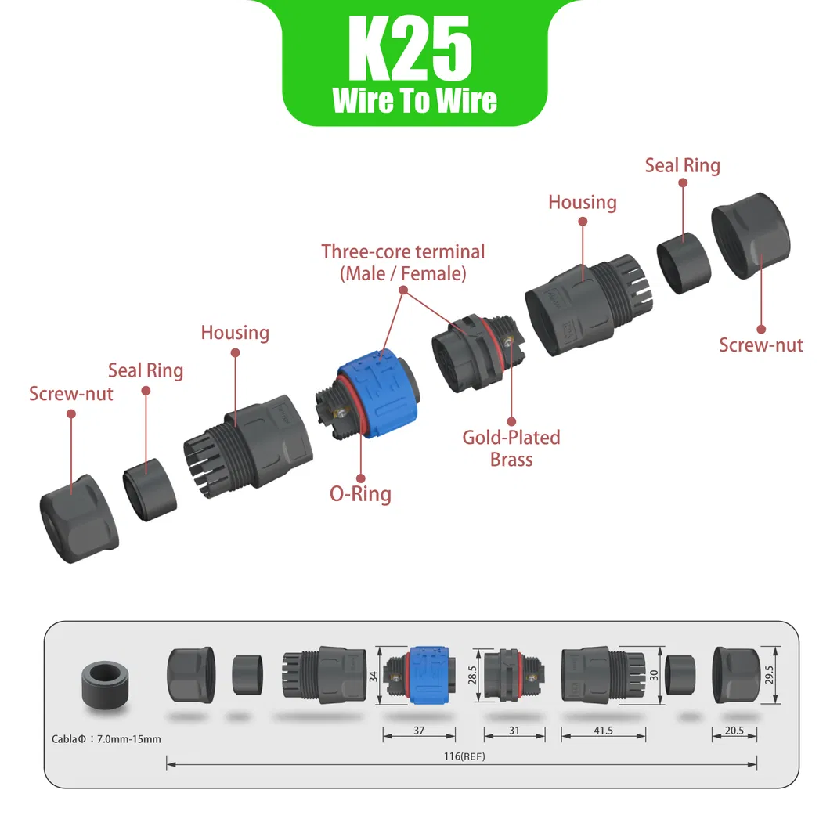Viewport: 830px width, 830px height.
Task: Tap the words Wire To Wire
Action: [x=415, y=100]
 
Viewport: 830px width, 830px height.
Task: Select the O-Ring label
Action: [x=360, y=494]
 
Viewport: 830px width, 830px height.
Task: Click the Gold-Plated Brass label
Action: [x=511, y=449]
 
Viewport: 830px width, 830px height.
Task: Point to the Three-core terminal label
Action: [x=402, y=262]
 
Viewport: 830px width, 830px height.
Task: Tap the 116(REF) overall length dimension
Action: [x=464, y=756]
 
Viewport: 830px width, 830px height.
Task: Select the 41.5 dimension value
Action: [x=603, y=731]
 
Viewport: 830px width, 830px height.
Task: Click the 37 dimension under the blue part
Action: [x=419, y=731]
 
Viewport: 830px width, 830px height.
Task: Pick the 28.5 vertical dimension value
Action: [x=472, y=675]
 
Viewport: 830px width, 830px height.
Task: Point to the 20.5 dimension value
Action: [x=734, y=731]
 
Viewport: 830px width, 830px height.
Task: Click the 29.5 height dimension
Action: [x=769, y=675]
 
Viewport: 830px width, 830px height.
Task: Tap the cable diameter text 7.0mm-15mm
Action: [x=128, y=739]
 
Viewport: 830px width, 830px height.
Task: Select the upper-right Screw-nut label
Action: [x=760, y=345]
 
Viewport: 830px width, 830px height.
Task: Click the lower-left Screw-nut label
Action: [x=71, y=394]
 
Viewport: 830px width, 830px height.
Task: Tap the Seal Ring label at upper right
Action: [x=682, y=166]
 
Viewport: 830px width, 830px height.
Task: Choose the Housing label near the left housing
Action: [x=235, y=333]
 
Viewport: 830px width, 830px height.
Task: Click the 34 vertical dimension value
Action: [x=373, y=676]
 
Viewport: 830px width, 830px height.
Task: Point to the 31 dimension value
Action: [x=514, y=731]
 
